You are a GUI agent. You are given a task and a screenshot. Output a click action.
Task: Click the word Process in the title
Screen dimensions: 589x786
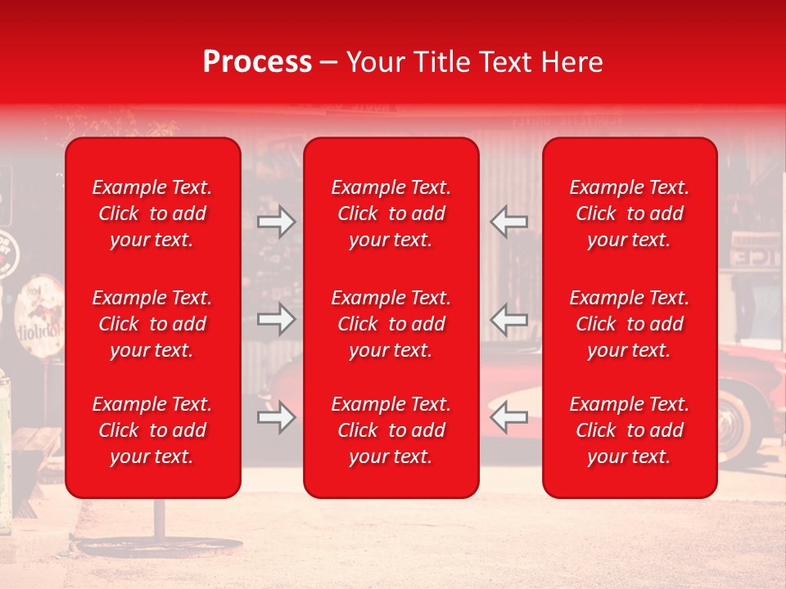[257, 62]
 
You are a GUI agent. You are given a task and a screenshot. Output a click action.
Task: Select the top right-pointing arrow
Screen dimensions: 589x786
[276, 222]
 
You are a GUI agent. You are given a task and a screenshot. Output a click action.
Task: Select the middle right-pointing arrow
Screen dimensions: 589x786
[276, 319]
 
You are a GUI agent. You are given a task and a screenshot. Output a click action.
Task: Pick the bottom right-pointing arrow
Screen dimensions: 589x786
[276, 418]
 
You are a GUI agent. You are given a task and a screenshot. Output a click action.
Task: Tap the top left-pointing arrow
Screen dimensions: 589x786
[508, 222]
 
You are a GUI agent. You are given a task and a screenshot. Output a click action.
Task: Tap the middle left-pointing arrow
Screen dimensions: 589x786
[508, 319]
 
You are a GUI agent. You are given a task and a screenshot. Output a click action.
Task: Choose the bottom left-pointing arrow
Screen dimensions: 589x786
[508, 418]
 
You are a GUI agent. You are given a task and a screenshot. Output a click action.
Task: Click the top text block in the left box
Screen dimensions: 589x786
[152, 214]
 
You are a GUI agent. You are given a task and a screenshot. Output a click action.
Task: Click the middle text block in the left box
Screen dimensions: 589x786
[152, 324]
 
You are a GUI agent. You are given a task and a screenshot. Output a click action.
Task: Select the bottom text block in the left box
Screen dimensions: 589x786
[152, 430]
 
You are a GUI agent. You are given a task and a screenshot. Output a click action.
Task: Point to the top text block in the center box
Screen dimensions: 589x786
[391, 214]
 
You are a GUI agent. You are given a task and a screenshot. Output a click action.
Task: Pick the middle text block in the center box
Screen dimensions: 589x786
[391, 324]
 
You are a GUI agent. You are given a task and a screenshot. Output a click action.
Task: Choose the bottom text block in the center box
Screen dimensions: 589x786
[391, 430]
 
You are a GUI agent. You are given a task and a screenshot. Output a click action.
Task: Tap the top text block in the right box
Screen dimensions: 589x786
[629, 214]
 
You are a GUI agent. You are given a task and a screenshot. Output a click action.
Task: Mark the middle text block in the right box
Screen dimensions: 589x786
[629, 324]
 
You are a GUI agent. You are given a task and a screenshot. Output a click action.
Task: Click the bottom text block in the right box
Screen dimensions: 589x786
[629, 430]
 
